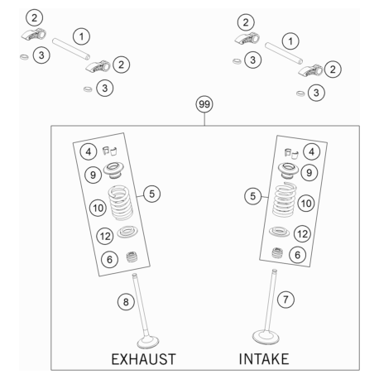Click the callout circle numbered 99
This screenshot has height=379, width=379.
tap(204, 104)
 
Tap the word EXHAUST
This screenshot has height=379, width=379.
tap(143, 359)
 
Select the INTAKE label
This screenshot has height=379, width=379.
tap(264, 359)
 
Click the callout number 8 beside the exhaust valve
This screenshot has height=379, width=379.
tap(126, 302)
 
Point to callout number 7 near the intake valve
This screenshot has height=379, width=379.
tap(285, 300)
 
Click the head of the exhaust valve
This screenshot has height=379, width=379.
tap(148, 342)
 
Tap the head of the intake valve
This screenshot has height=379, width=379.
tap(266, 337)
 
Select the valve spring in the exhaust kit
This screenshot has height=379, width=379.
tap(121, 202)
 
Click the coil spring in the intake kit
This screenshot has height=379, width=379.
tap(284, 199)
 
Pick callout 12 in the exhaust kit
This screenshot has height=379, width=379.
tap(105, 236)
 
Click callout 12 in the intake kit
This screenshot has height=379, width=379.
tap(302, 234)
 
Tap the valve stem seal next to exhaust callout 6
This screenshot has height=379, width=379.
tap(132, 257)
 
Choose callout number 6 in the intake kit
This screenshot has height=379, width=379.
tap(297, 255)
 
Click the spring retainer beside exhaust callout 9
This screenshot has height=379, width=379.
tap(113, 170)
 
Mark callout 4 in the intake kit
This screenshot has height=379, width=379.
tap(311, 151)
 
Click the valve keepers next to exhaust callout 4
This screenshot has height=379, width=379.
tap(110, 151)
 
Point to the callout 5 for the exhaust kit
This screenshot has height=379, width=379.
tap(151, 194)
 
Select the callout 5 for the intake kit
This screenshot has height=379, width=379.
tap(252, 196)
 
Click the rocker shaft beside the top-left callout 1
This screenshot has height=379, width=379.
tap(71, 49)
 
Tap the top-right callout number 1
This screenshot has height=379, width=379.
tap(290, 41)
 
